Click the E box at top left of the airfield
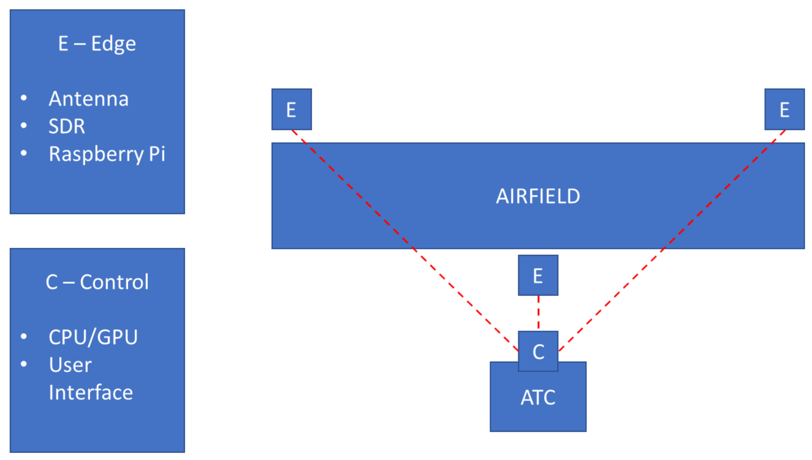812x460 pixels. tap(291, 109)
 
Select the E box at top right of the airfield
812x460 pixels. tap(784, 109)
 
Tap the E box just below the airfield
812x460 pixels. tap(538, 275)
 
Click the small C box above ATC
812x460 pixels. tap(538, 351)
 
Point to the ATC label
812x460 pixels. tap(538, 397)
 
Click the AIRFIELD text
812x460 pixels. tap(538, 196)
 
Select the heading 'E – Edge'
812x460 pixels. tap(97, 44)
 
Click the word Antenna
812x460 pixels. tap(89, 99)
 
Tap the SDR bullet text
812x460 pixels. tap(67, 126)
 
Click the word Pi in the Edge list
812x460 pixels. tap(157, 154)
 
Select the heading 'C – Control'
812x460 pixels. tap(97, 282)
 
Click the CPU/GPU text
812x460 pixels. tap(93, 337)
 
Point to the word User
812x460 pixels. tap(70, 365)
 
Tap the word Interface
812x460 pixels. tap(91, 392)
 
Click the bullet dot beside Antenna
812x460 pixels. tap(24, 98)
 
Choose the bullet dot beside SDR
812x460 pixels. tap(24, 125)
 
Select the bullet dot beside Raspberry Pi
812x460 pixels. tap(24, 153)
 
